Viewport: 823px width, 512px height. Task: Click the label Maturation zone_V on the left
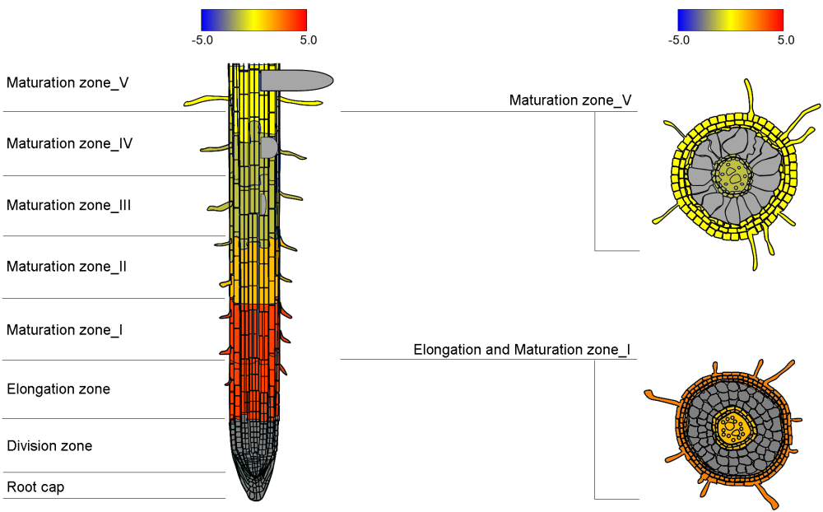point(67,82)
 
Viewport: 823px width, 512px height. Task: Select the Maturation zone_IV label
point(70,143)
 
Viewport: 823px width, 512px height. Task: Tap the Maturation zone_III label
point(69,205)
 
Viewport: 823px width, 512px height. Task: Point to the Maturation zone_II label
point(67,267)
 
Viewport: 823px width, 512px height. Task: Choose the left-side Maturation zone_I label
point(65,330)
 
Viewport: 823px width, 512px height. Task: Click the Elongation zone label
point(58,389)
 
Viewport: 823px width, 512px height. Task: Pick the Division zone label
point(49,446)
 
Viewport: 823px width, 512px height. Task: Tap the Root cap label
point(35,487)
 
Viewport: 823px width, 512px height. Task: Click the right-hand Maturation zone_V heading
point(570,100)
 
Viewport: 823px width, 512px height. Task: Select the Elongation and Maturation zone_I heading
point(522,350)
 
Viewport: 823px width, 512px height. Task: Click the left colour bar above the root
point(253,20)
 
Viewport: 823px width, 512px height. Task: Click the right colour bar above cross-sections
point(730,20)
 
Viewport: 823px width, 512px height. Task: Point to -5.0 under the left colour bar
point(202,40)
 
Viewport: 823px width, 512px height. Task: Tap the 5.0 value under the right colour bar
point(786,40)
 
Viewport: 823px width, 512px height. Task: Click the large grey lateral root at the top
point(296,80)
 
